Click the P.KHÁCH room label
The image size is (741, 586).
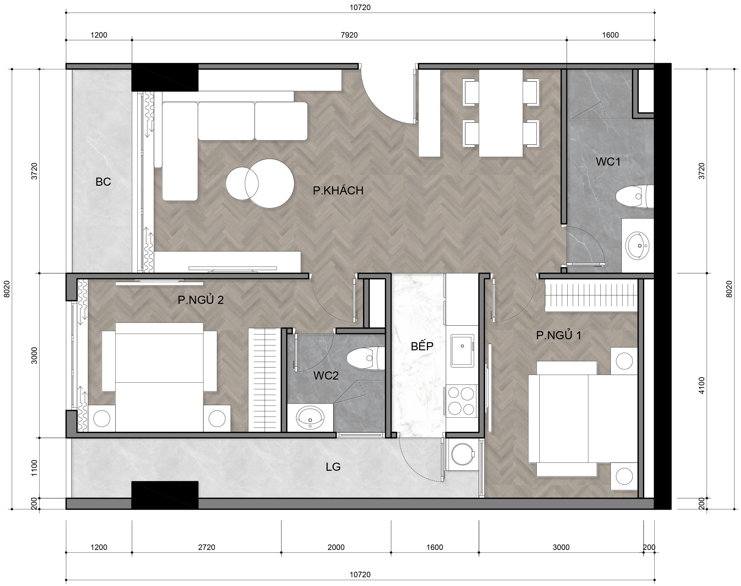(338, 191)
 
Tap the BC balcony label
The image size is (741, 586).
(103, 182)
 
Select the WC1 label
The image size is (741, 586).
(608, 162)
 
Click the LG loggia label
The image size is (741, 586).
(333, 467)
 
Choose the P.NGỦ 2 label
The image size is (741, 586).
(200, 300)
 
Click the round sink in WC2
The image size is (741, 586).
(310, 418)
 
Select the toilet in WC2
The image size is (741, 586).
(366, 358)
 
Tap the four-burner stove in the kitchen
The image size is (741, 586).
(462, 401)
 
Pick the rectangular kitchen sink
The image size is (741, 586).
(462, 351)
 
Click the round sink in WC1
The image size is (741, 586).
(637, 245)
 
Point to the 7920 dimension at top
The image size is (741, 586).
(349, 35)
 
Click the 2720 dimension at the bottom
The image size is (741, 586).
(207, 547)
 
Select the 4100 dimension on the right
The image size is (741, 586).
(701, 386)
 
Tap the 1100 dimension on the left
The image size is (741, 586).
(34, 468)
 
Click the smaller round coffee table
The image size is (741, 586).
(242, 183)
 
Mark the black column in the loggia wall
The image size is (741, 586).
(165, 495)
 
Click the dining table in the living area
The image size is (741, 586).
(501, 113)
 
